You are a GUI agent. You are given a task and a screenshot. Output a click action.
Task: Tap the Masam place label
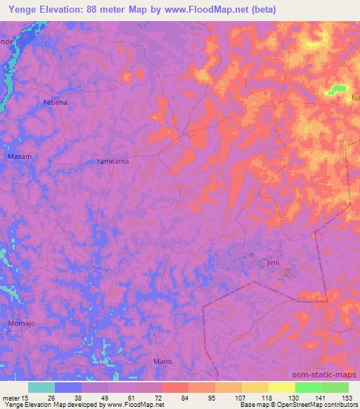click(x=19, y=156)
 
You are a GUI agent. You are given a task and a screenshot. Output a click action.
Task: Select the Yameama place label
click(x=112, y=161)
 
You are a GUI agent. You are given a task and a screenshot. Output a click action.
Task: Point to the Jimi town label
click(x=274, y=264)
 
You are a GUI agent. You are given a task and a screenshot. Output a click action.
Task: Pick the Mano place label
click(x=162, y=361)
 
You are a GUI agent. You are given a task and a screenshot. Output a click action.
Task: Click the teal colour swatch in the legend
click(x=41, y=387)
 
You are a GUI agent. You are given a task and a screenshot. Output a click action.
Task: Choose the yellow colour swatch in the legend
click(x=281, y=387)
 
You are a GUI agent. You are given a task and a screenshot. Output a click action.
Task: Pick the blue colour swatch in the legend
click(x=68, y=387)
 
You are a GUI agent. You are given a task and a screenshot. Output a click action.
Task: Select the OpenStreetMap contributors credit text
click(x=319, y=405)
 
